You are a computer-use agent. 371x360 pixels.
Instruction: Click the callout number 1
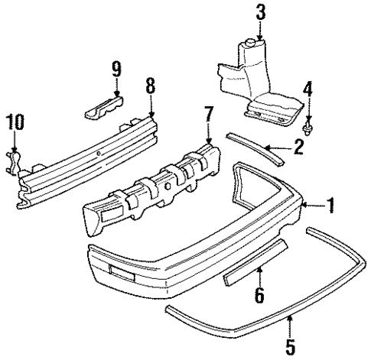(x=331, y=205)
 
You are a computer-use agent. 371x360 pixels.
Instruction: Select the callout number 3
(x=260, y=12)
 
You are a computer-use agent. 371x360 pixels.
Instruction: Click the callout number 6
(x=259, y=295)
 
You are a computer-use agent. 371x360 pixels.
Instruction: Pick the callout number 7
(x=207, y=115)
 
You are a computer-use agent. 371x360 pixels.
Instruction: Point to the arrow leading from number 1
(x=311, y=205)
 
